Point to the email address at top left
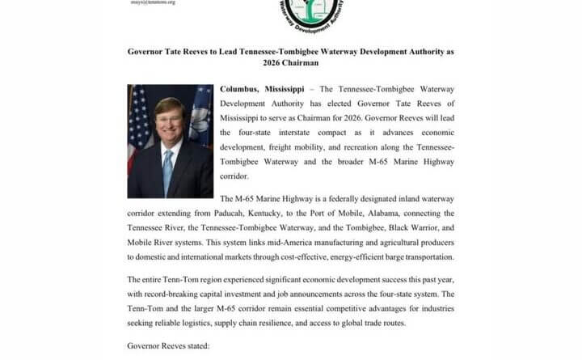click(x=153, y=2)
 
